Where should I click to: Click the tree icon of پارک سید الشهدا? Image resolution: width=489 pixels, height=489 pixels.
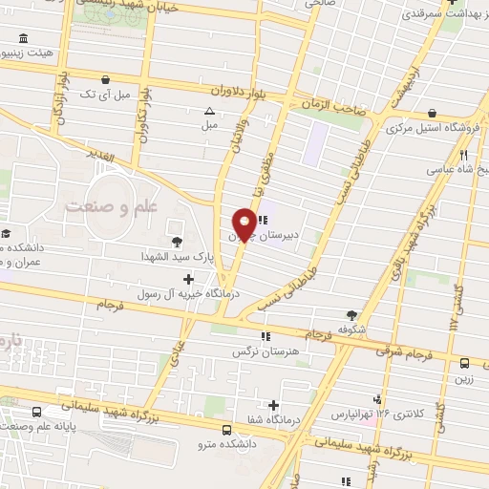tap(177, 242)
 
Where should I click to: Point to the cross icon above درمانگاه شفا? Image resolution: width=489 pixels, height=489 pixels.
tap(275, 405)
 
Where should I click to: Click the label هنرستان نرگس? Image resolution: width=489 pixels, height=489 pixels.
tap(262, 351)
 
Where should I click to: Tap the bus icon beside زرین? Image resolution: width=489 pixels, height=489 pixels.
tap(465, 364)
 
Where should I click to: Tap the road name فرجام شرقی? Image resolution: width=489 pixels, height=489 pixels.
tap(409, 351)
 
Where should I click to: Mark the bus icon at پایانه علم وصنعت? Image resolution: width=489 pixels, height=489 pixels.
tap(36, 413)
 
